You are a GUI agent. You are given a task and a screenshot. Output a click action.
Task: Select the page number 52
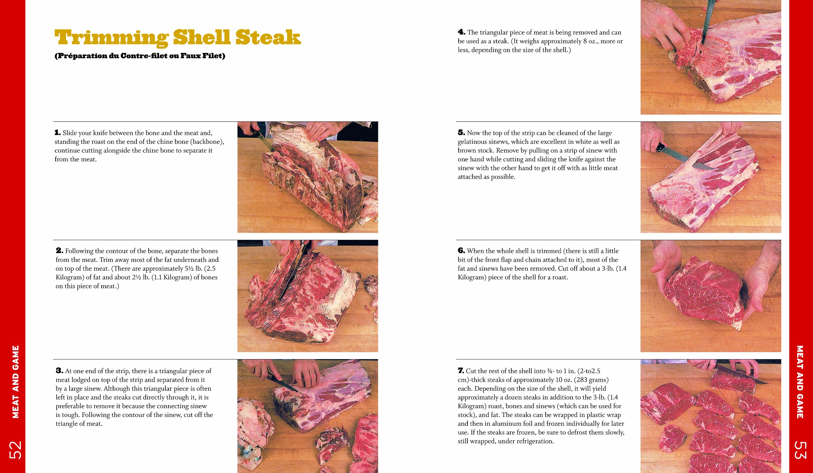click(x=15, y=450)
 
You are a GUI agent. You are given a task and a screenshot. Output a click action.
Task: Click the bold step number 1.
click(x=57, y=132)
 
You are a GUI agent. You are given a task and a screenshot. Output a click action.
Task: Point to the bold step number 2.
click(x=59, y=251)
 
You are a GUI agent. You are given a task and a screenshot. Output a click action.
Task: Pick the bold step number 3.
click(x=59, y=371)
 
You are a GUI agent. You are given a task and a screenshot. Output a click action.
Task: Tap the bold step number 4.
click(x=461, y=32)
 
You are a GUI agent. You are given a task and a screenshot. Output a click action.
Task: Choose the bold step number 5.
click(x=461, y=132)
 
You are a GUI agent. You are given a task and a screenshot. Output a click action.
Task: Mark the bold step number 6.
click(x=461, y=251)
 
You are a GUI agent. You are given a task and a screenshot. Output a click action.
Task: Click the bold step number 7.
click(x=461, y=371)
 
